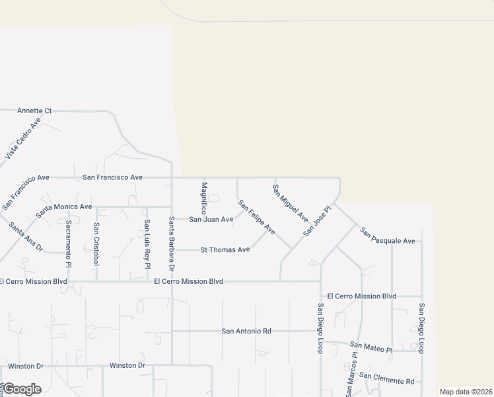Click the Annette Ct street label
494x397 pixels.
pyautogui.click(x=34, y=110)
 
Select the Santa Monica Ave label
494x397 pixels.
pyautogui.click(x=64, y=206)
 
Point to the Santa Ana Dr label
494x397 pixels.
pyautogui.click(x=26, y=236)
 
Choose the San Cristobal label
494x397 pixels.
pyautogui.click(x=96, y=243)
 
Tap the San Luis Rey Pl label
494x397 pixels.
pyautogui.click(x=147, y=243)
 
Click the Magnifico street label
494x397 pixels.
pyautogui.click(x=204, y=197)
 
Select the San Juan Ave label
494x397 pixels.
pyautogui.click(x=211, y=219)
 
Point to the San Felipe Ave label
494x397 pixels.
pyautogui.click(x=256, y=216)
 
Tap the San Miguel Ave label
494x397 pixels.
pyautogui.click(x=291, y=202)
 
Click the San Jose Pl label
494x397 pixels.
pyautogui.click(x=316, y=220)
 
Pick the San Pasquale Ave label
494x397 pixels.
pyautogui.click(x=387, y=236)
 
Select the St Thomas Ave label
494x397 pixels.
pyautogui.click(x=225, y=249)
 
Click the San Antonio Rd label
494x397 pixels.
pyautogui.click(x=246, y=331)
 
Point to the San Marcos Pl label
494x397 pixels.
pyautogui.click(x=351, y=374)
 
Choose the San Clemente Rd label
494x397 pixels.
pyautogui.click(x=392, y=380)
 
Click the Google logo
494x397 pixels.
pyautogui.click(x=22, y=389)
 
